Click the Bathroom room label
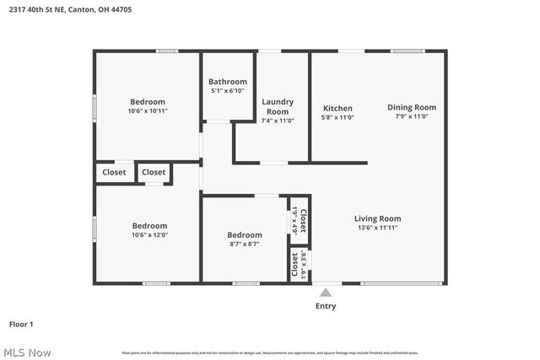(228, 82)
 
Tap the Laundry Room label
(277, 106)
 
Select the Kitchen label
(337, 108)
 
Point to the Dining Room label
(412, 107)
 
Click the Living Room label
(377, 218)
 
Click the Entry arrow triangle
(326, 292)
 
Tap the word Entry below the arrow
(326, 306)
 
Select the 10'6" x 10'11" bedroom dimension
(148, 110)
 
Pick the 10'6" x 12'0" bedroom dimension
(149, 235)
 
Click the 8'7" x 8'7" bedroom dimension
(244, 244)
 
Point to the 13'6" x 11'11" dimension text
(377, 228)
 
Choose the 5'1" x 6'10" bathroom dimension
(228, 90)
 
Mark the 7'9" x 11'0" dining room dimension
(412, 116)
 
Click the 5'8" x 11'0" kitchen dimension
(337, 117)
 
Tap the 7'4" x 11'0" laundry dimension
(277, 121)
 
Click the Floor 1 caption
(21, 324)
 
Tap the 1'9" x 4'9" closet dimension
(292, 220)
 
